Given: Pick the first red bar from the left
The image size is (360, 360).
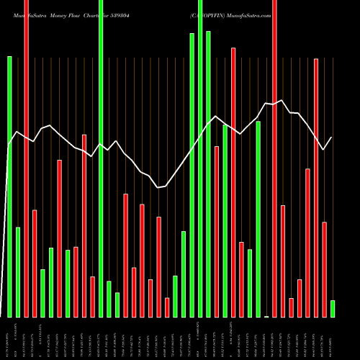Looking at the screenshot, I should point(26,158).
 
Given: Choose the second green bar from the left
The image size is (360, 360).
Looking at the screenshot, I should point(18,271).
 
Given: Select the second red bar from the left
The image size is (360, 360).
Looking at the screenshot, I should point(35,263).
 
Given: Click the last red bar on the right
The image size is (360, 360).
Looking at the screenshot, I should point(324,269).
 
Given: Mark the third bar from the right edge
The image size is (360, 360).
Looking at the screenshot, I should point(316,187).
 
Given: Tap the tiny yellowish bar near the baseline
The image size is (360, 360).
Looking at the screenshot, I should point(266,316).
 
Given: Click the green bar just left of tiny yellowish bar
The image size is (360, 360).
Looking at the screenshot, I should point(258,219).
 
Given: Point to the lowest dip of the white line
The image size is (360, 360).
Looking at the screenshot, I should point(158,187).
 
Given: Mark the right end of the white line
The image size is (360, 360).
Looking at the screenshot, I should point(332,138).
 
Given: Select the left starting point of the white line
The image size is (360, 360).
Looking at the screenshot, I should point(9,146).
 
